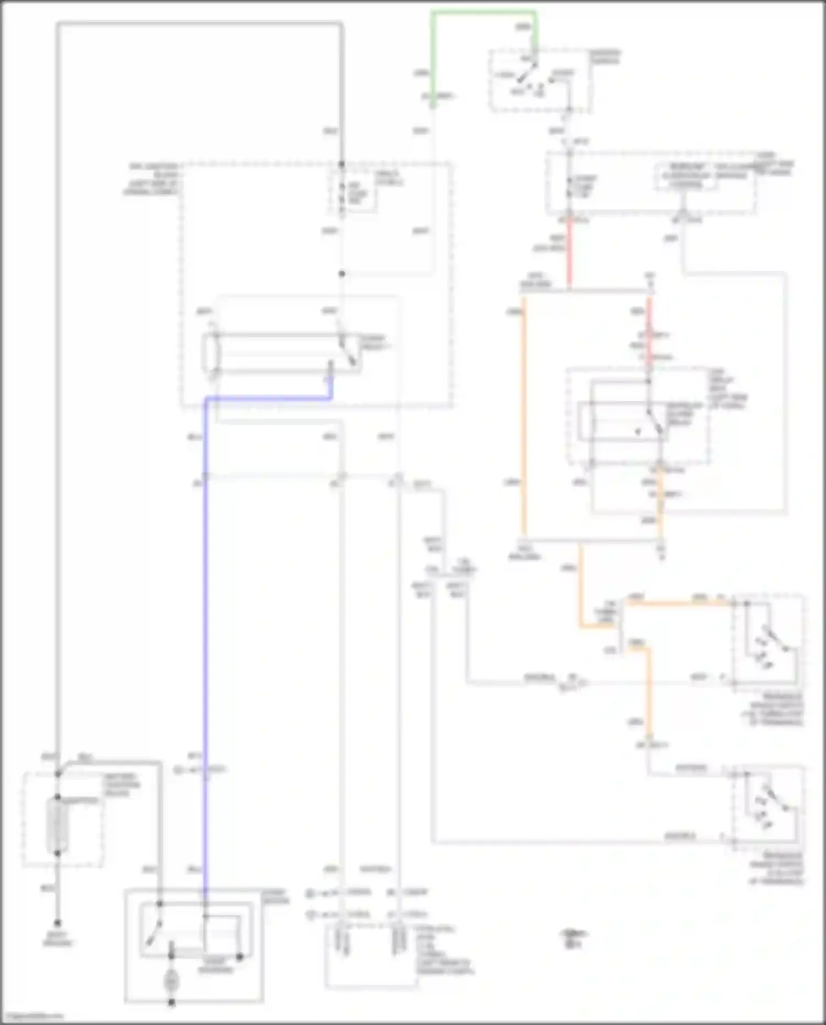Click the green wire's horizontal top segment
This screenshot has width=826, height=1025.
click(x=483, y=12)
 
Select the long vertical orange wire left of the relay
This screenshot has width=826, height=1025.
click(x=524, y=419)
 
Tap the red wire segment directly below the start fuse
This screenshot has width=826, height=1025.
click(x=569, y=253)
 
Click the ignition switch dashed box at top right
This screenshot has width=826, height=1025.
click(x=540, y=82)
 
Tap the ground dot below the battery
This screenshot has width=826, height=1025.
click(x=57, y=923)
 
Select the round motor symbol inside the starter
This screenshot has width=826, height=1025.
click(x=171, y=981)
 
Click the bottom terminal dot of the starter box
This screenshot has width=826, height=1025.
click(x=171, y=1002)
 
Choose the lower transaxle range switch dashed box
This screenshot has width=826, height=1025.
click(x=768, y=807)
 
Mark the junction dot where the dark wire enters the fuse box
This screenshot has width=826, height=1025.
click(x=341, y=164)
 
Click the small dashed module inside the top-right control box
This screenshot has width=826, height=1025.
click(x=686, y=177)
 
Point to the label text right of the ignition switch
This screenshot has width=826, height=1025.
click(x=606, y=57)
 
